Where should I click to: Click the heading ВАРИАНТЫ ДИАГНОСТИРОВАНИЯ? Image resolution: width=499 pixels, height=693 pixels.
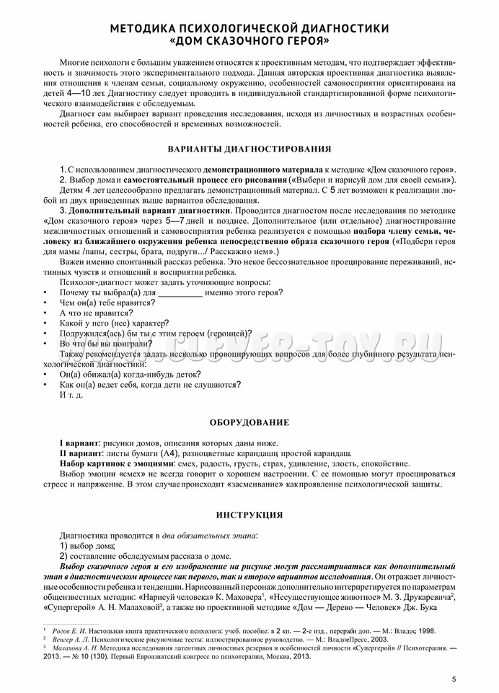point(249,149)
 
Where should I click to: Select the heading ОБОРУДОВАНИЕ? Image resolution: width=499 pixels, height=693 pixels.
point(249,422)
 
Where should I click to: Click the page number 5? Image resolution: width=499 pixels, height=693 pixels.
point(454,679)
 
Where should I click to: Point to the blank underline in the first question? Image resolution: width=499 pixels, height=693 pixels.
point(180,292)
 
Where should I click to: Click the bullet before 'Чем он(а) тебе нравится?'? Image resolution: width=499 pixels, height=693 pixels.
point(45,303)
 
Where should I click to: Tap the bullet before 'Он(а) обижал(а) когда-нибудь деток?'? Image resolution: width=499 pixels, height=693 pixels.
point(45,375)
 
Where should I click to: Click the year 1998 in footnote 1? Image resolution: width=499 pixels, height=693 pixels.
point(425,630)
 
